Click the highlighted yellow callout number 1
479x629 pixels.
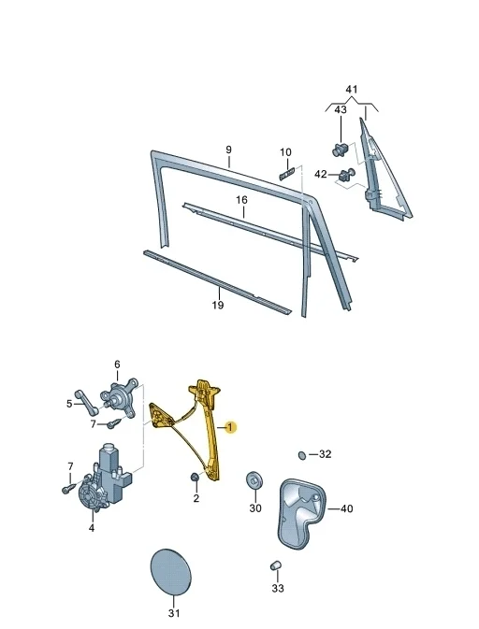230,428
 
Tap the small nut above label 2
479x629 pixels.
195,478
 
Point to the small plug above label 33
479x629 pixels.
275,565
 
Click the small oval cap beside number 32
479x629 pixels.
302,455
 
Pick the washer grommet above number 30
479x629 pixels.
254,479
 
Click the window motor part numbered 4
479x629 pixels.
104,478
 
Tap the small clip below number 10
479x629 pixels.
287,173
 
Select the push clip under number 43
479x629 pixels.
341,150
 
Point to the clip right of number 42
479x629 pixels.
347,174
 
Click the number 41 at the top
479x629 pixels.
352,89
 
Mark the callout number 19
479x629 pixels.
218,306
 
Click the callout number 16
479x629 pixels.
241,200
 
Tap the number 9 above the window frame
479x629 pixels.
228,150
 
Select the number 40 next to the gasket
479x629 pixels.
346,508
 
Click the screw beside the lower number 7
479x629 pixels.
68,488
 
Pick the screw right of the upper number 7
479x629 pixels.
113,423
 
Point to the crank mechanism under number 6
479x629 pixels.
121,397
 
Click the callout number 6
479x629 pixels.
117,365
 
